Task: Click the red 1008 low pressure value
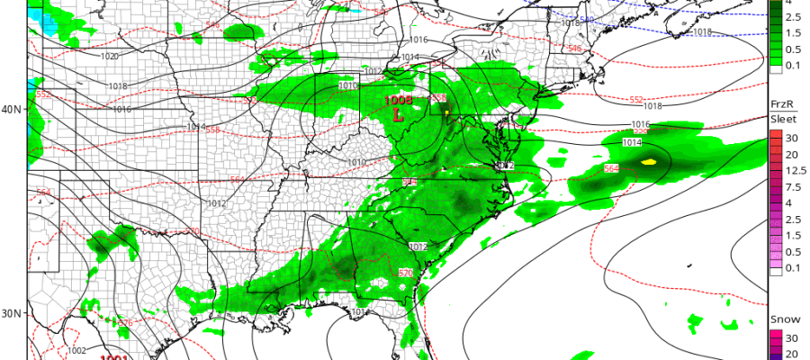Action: click(399, 100)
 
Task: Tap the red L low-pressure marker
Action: click(398, 114)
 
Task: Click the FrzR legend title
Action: click(779, 104)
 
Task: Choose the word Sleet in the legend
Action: click(782, 118)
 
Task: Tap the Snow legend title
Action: click(780, 320)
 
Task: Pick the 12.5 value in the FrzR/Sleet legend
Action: click(793, 171)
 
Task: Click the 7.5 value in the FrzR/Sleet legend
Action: click(793, 187)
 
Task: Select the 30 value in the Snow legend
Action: click(793, 337)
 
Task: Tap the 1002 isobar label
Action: click(77, 350)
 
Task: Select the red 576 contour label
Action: click(124, 323)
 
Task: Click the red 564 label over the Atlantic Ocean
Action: click(611, 168)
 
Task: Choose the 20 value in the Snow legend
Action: click(793, 353)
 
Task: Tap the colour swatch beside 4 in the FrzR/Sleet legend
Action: click(775, 203)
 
